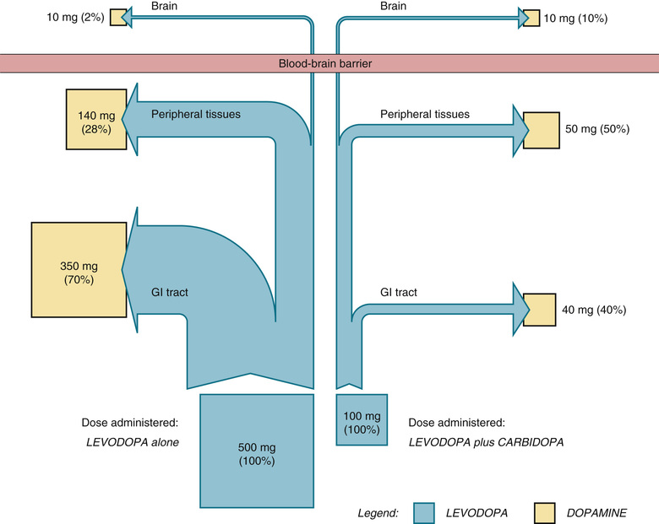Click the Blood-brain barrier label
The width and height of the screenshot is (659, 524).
click(329, 63)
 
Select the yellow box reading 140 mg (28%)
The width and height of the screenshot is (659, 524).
click(97, 121)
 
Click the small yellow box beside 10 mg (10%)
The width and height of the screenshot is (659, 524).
click(531, 18)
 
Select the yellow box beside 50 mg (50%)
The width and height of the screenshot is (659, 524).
click(541, 130)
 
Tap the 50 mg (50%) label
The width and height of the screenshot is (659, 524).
click(596, 130)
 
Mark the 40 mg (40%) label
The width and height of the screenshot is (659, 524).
click(594, 310)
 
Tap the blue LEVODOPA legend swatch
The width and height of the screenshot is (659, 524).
click(434, 512)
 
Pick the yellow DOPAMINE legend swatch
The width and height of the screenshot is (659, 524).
click(556, 512)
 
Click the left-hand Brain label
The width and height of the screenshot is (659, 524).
click(164, 6)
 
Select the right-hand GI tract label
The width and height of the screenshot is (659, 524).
click(398, 293)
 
